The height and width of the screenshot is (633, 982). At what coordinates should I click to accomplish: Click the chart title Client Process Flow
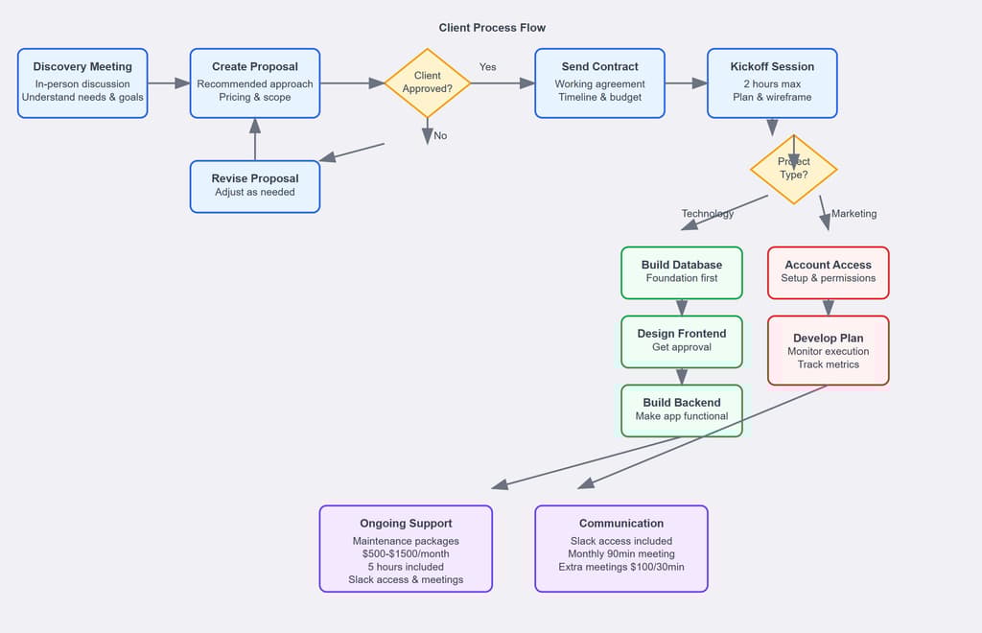(492, 28)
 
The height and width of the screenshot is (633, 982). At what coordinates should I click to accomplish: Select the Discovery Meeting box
(82, 83)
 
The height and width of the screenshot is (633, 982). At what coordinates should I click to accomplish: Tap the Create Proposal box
(255, 83)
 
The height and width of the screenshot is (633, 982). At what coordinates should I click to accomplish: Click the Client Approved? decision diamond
(427, 82)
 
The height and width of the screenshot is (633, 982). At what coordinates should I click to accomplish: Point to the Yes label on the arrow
(488, 67)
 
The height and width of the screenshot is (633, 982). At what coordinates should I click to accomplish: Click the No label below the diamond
(440, 136)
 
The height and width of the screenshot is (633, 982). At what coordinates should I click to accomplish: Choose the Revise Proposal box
(255, 186)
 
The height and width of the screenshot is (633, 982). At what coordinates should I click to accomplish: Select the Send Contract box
(599, 83)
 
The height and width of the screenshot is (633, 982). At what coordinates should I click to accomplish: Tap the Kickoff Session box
(772, 83)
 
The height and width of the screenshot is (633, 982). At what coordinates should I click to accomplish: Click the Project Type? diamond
(793, 170)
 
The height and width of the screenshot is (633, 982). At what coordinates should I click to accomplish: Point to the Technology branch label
(708, 214)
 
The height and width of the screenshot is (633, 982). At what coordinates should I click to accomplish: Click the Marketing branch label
(853, 214)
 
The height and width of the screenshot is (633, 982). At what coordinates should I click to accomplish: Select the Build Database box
(682, 271)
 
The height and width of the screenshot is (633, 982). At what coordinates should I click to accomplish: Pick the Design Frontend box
(682, 340)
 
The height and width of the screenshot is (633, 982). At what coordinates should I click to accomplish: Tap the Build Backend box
(682, 410)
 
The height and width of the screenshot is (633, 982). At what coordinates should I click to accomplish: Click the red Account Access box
(828, 271)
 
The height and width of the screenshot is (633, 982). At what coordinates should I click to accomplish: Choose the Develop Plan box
(828, 350)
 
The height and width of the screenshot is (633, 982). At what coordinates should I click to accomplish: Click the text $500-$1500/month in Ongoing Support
(406, 553)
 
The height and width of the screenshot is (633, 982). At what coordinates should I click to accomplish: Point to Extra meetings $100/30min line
(620, 567)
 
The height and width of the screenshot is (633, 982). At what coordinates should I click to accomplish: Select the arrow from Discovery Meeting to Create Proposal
(168, 83)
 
